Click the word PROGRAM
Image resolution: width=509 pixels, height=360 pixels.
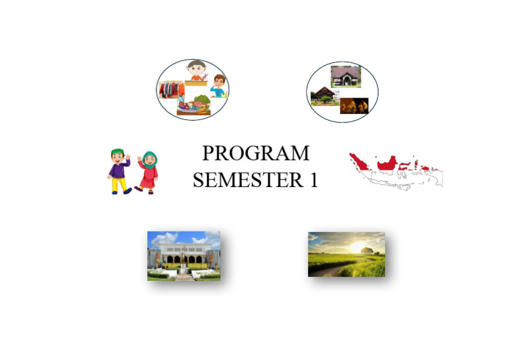coord(255,154)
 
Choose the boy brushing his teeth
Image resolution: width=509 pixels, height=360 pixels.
coord(218,84)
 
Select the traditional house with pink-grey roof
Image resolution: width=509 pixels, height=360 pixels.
coord(345,76)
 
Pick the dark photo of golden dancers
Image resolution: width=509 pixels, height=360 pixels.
coord(354,105)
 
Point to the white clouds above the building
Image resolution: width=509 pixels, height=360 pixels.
coord(166,238)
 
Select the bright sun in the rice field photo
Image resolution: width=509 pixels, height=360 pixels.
coord(361,248)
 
